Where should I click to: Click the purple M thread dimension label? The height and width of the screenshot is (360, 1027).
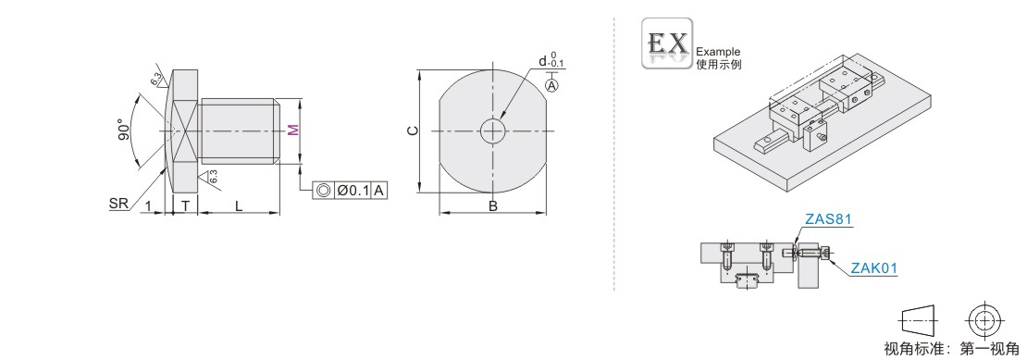[x=294, y=130]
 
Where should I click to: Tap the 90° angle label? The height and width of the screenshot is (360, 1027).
[x=122, y=130]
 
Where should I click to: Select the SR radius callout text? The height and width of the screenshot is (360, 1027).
[x=118, y=205]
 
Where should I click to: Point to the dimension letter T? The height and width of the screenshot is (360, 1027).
[x=185, y=205]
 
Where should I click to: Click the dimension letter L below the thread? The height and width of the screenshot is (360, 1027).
[x=239, y=205]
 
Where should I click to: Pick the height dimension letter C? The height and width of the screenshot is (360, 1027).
[x=412, y=130]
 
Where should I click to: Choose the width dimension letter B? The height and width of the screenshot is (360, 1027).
[x=492, y=206]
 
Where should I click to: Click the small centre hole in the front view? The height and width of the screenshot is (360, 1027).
[x=492, y=130]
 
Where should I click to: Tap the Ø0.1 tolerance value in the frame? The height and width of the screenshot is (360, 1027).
[x=353, y=191]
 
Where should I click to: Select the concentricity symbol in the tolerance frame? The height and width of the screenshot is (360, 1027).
[x=323, y=191]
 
